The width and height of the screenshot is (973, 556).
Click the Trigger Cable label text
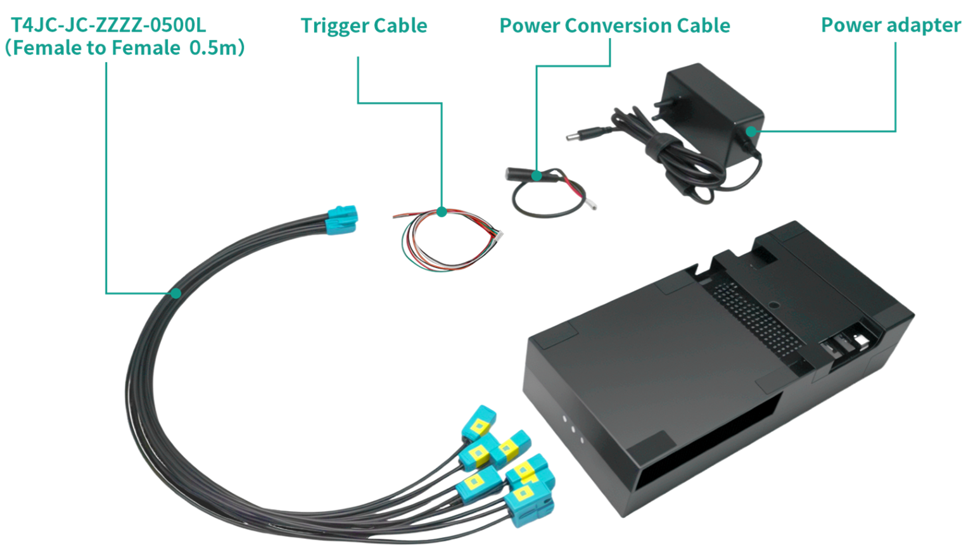364,26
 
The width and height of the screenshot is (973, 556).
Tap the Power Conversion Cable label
614,26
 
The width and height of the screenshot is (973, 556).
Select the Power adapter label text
891,25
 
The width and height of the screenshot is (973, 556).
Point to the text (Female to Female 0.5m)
124,48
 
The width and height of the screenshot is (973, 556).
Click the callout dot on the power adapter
751,132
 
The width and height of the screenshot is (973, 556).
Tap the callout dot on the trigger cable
442,212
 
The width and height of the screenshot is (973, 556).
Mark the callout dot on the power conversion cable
537,175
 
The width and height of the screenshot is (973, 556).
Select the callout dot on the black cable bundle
175,293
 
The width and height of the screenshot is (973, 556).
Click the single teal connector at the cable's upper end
342,218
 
